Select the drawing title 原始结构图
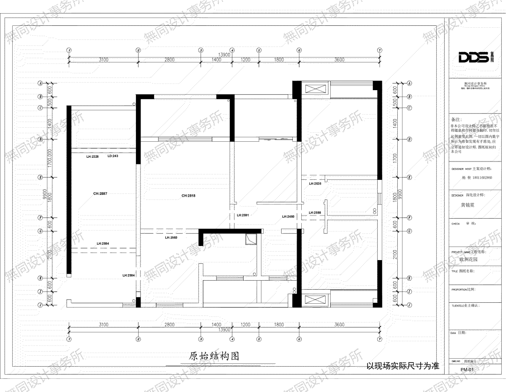click(214, 356)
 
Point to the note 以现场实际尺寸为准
click(402, 366)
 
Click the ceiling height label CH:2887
click(100, 193)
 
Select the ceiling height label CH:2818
click(188, 195)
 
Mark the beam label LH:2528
click(92, 156)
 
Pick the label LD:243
click(113, 156)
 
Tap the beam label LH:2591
click(242, 215)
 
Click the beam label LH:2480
click(288, 216)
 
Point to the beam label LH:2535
click(315, 184)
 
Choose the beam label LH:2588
click(315, 213)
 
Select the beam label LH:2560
click(171, 238)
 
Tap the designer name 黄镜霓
click(470, 205)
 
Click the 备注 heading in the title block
click(455, 120)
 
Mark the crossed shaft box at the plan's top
click(312, 89)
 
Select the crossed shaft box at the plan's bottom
click(312, 300)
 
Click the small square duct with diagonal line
click(252, 239)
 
